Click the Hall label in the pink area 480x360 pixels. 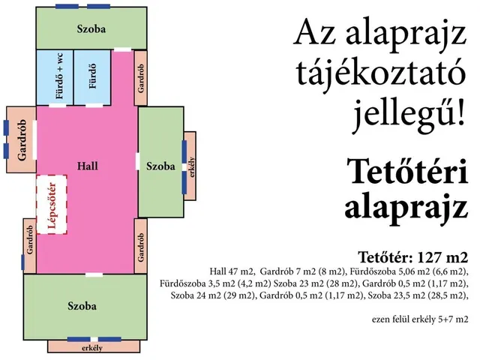(x=88, y=165)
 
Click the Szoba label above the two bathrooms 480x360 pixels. (x=91, y=29)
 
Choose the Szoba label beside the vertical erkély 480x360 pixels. (x=160, y=166)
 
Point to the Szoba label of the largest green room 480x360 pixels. (x=82, y=306)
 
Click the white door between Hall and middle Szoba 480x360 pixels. (x=137, y=160)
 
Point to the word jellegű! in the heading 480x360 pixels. (x=408, y=114)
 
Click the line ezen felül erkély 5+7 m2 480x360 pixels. (x=419, y=318)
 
